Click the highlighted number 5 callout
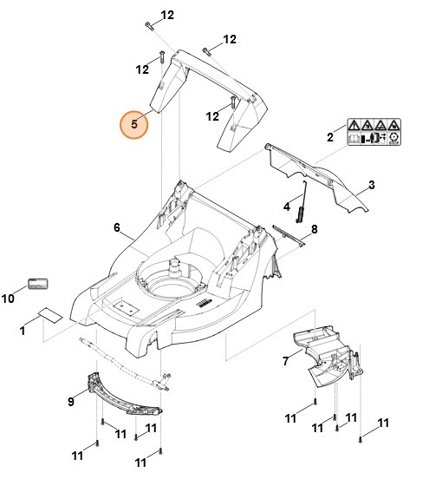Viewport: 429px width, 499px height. coord(133,124)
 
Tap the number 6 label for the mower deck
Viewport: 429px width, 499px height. coord(117,227)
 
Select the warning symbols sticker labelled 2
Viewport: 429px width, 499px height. coord(374,132)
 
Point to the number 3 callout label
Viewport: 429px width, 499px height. coord(371,185)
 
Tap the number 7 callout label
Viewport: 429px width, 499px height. coord(285,361)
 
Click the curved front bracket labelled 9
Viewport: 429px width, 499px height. coord(124,395)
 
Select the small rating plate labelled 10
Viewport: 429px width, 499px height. coord(38,284)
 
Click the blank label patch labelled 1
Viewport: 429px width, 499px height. coord(50,315)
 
